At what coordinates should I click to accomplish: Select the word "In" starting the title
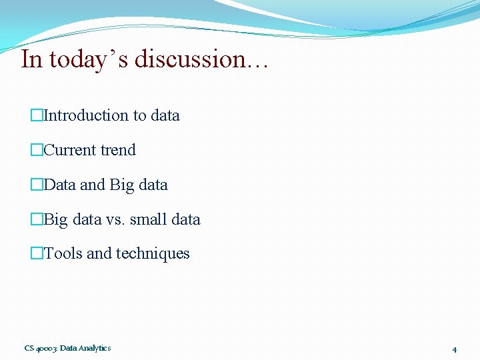pyautogui.click(x=31, y=59)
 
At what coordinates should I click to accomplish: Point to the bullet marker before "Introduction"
pyautogui.click(x=37, y=115)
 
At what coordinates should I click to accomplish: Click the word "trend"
pyautogui.click(x=118, y=150)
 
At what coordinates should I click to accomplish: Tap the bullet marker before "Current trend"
pyautogui.click(x=37, y=150)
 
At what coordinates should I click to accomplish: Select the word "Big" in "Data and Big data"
pyautogui.click(x=121, y=185)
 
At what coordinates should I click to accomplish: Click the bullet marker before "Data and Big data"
pyautogui.click(x=37, y=185)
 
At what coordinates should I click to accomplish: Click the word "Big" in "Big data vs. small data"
pyautogui.click(x=56, y=220)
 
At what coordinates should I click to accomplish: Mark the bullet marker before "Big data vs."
pyautogui.click(x=37, y=219)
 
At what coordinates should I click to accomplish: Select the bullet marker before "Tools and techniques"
pyautogui.click(x=37, y=253)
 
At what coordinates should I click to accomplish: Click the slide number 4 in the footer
pyautogui.click(x=454, y=349)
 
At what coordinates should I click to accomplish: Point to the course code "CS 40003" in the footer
pyautogui.click(x=41, y=348)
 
